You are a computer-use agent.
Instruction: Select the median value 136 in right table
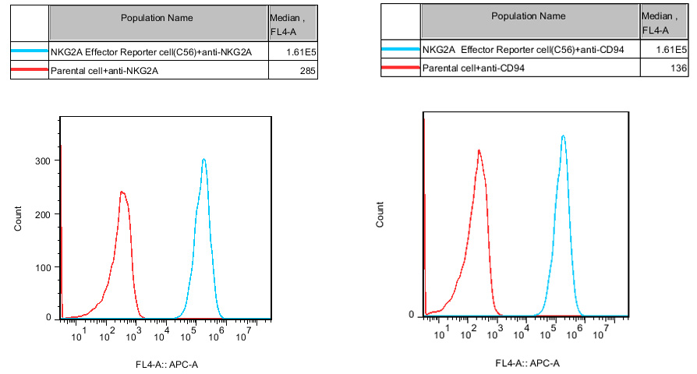(678, 69)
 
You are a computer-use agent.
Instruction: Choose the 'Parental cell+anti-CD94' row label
(472, 69)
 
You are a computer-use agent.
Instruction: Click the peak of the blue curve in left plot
(203, 160)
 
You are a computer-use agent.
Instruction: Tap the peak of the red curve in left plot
(122, 192)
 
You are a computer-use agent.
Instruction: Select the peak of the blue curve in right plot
(563, 136)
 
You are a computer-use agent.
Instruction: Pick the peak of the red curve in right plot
(479, 150)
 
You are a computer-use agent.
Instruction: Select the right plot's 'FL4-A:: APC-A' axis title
(528, 363)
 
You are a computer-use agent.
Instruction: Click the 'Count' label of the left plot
(18, 217)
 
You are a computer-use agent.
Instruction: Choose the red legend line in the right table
(401, 69)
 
